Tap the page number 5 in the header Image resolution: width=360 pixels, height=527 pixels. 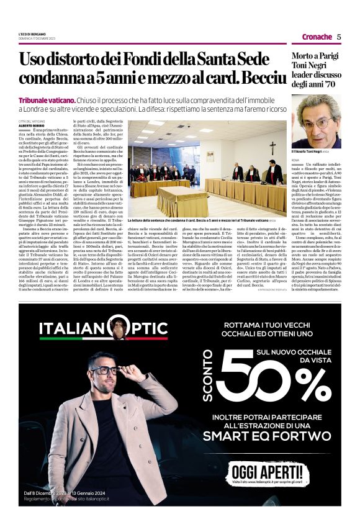point(339,37)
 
